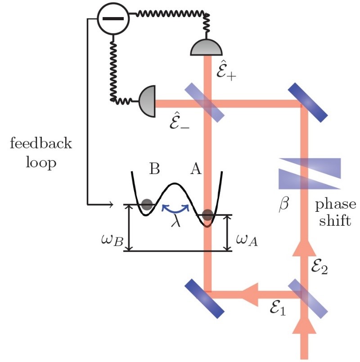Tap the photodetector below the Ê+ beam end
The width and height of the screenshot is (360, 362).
tap(207, 48)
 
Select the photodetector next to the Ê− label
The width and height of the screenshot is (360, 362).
tap(147, 100)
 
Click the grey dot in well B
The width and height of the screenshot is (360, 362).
tap(147, 205)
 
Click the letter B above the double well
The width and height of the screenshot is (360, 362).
tap(154, 169)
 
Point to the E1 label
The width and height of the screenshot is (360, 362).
tap(275, 309)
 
